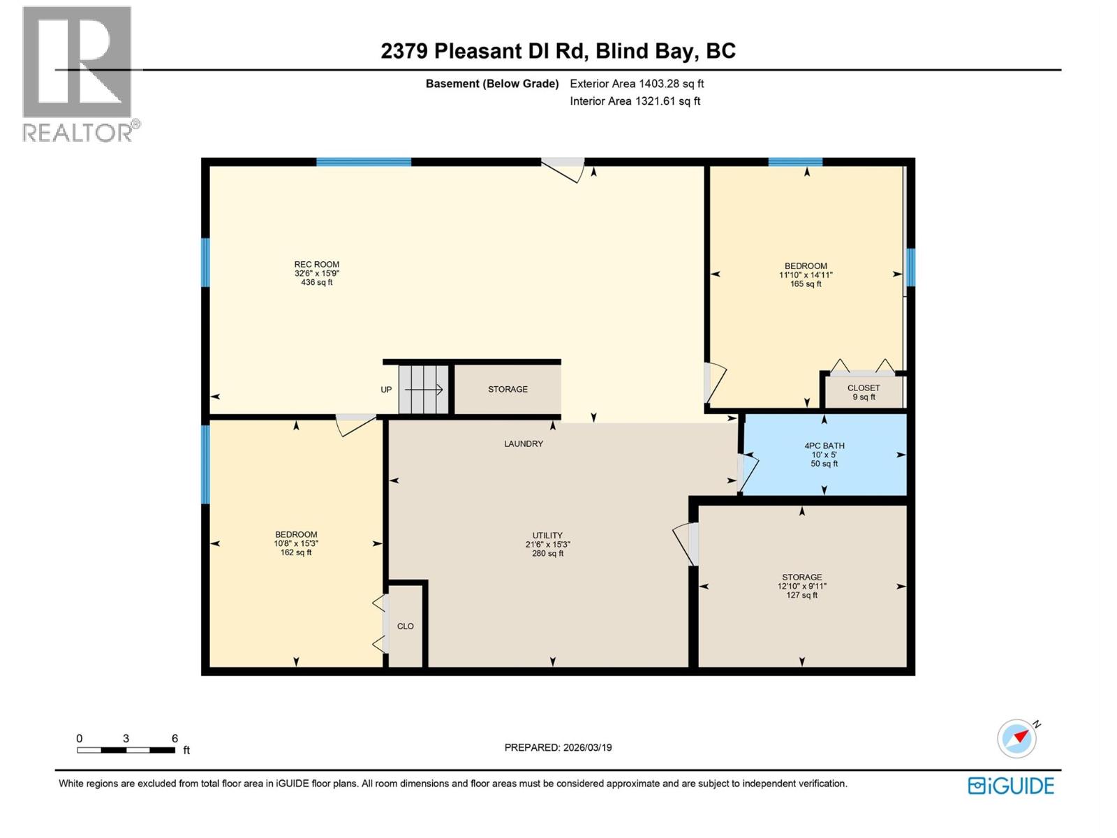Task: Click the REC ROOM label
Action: (316, 265)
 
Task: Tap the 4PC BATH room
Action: (824, 455)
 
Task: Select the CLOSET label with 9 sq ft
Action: (864, 392)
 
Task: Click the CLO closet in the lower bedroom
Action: (406, 626)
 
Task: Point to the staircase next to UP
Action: (423, 389)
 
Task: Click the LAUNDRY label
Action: (524, 443)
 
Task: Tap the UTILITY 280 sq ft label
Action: (547, 545)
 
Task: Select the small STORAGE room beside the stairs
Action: (508, 389)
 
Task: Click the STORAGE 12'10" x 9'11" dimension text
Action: (801, 587)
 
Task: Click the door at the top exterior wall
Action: (563, 168)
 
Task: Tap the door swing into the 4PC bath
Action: (746, 473)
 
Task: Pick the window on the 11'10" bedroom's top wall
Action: (795, 162)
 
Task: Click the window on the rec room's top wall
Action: (364, 162)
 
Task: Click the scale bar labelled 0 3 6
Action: (126, 750)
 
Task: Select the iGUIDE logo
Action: (1011, 786)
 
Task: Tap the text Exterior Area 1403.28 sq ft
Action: (637, 84)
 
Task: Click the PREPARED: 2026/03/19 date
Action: (558, 747)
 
